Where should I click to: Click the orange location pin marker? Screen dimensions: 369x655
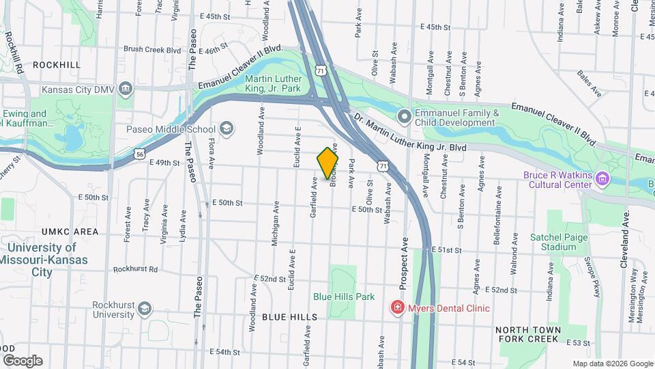tap(328, 162)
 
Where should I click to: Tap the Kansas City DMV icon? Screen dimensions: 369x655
tap(126, 89)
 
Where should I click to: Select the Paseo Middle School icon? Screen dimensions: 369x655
tap(227, 129)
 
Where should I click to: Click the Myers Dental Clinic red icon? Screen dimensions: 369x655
tap(396, 308)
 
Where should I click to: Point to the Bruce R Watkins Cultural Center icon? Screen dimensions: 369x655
tap(602, 179)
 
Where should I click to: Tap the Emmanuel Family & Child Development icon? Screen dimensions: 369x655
tap(404, 117)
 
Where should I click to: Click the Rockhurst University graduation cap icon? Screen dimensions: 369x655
tap(145, 310)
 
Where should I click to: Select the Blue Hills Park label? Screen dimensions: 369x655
tap(344, 297)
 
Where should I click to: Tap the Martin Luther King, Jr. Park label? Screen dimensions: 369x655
tap(273, 83)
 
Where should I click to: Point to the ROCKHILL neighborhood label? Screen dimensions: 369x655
tap(57, 65)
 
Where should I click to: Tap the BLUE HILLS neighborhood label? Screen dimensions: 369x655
tap(290, 317)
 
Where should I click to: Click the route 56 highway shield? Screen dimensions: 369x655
tap(139, 155)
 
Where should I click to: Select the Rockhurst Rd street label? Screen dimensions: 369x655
tap(135, 269)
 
